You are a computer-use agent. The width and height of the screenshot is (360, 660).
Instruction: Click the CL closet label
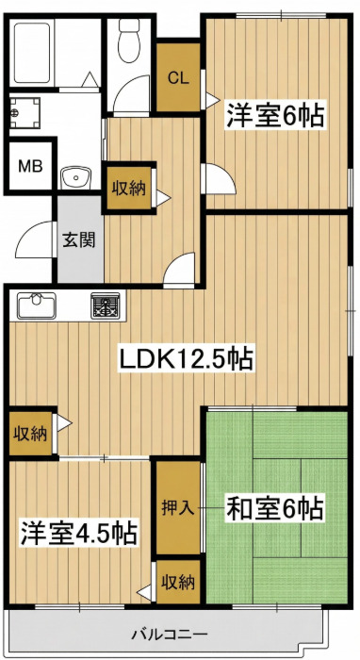click(x=177, y=77)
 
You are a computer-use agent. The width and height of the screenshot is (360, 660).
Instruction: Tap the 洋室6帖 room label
click(x=274, y=116)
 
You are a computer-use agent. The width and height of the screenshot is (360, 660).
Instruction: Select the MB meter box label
click(x=30, y=168)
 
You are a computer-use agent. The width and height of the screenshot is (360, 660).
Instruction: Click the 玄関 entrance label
click(x=78, y=239)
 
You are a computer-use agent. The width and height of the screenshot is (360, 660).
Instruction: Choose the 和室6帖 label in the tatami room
click(x=274, y=509)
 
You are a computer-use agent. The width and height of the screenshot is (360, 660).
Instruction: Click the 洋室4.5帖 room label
click(x=78, y=532)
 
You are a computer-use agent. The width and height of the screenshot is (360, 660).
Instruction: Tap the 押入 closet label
click(x=177, y=506)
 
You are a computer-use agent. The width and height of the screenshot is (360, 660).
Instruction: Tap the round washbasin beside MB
click(x=74, y=175)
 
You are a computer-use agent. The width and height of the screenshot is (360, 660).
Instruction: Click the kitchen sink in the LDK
click(x=36, y=305)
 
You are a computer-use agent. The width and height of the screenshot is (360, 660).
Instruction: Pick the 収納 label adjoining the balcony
click(x=177, y=582)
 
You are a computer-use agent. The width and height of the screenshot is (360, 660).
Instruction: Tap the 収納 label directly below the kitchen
click(x=30, y=435)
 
